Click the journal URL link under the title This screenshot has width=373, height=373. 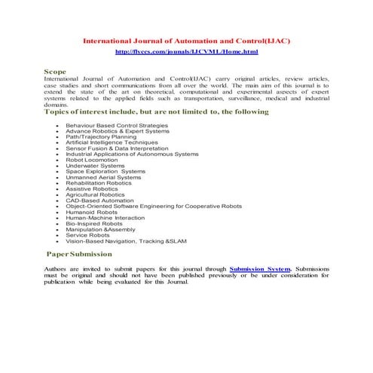(x=186, y=51)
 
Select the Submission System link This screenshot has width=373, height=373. (x=259, y=268)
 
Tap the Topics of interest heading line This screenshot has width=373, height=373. (x=156, y=112)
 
